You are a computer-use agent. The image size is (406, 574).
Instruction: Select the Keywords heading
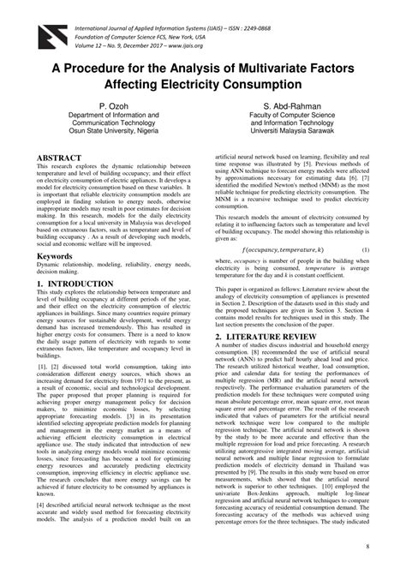coord(55,256)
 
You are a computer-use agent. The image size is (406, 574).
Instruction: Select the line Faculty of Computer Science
coord(297,116)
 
